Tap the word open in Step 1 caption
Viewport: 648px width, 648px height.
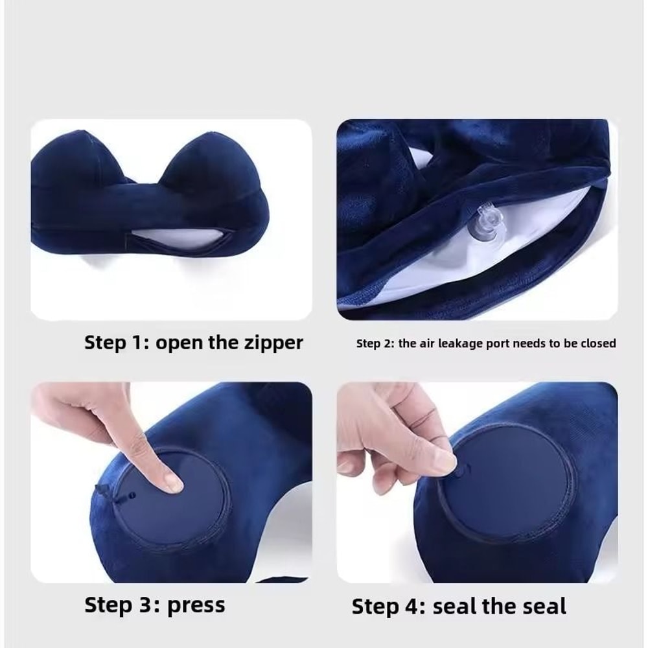[179, 343]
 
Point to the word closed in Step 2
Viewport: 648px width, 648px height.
[597, 343]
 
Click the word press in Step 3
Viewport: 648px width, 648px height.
[196, 605]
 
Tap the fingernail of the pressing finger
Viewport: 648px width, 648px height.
[173, 481]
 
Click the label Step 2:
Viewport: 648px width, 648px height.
[375, 343]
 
